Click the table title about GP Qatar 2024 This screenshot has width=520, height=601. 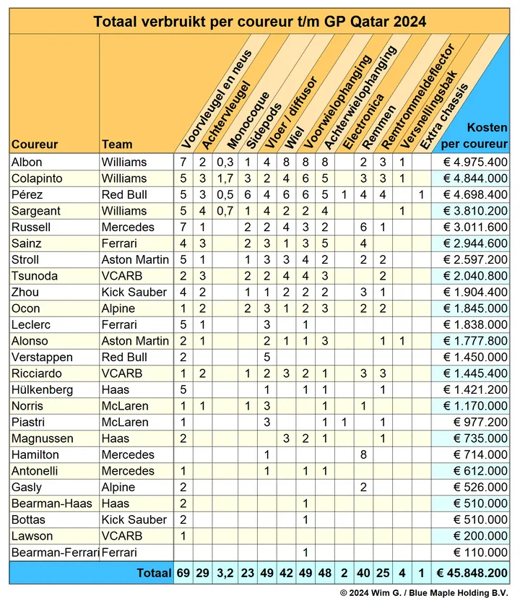(x=260, y=22)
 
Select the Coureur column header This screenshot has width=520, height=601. (x=35, y=144)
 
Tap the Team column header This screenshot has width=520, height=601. (x=117, y=144)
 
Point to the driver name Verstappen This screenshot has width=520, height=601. (x=40, y=357)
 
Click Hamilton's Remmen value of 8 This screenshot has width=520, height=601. (x=364, y=454)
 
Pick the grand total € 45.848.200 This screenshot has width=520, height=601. (x=473, y=573)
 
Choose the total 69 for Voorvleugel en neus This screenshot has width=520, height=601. (x=183, y=573)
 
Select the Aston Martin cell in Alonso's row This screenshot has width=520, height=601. (x=135, y=341)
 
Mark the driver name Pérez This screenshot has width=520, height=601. (x=26, y=194)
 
